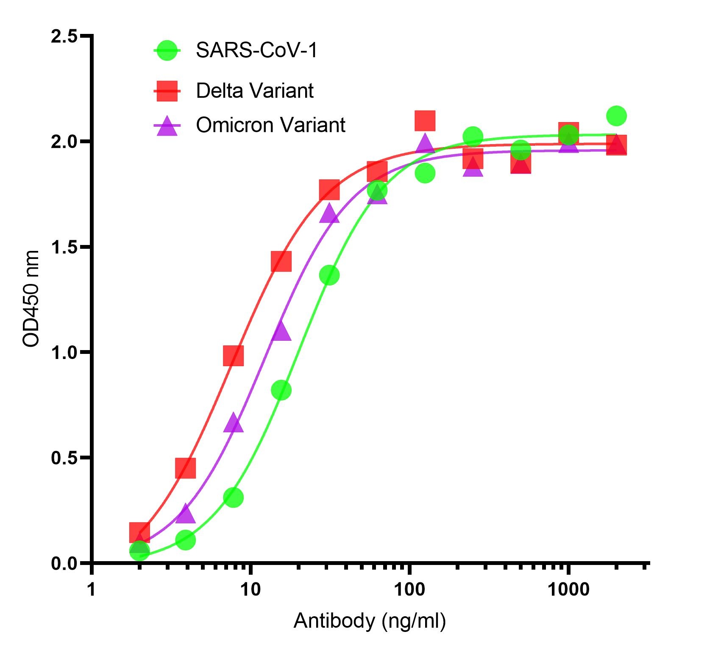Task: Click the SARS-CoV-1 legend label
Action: (256, 51)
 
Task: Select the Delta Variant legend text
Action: (254, 91)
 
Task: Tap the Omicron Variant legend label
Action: (270, 125)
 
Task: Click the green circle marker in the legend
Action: (167, 51)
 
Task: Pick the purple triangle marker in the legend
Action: (167, 126)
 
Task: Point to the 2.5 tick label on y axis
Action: (64, 36)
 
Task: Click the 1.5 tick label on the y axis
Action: (64, 247)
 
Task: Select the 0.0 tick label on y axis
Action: (64, 564)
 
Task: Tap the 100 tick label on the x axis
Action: (409, 590)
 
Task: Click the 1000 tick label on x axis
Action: (568, 590)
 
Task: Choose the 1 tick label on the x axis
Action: (92, 590)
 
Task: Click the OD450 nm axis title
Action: (31, 299)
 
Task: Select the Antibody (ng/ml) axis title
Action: (370, 621)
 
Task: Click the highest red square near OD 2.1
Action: (425, 120)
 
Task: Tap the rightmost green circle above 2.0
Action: (616, 116)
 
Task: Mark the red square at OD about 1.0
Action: (233, 356)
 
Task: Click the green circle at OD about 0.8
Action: (281, 390)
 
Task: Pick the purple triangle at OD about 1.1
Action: (281, 331)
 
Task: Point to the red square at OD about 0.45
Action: (185, 467)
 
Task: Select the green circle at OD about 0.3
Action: (233, 497)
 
